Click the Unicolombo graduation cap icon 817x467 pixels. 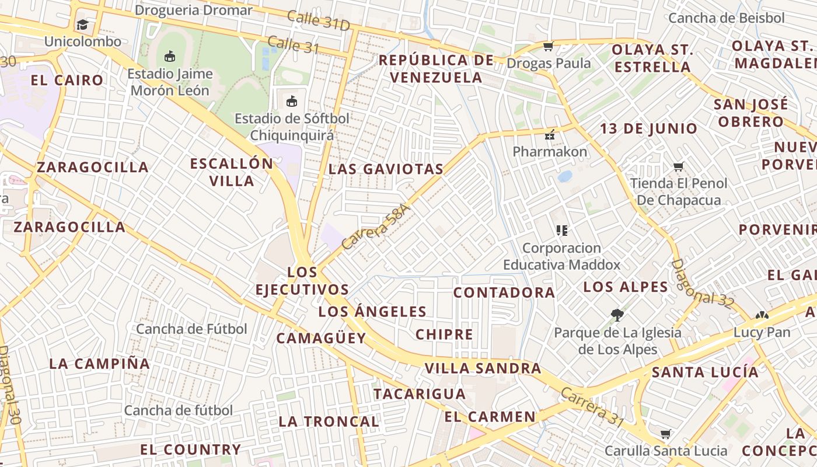coord(82,25)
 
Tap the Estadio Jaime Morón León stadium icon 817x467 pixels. coord(169,56)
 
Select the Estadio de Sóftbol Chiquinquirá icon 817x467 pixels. coord(292,101)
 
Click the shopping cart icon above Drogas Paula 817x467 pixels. coord(548,46)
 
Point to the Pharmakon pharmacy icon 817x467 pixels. coord(549,135)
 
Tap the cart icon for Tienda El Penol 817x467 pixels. coord(678,167)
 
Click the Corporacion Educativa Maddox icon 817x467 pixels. coord(561,231)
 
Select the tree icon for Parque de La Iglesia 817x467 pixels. coord(617,315)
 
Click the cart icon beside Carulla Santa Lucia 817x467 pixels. coord(665,434)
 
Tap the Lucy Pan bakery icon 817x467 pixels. coord(762,316)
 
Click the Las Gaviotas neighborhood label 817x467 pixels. coord(386,169)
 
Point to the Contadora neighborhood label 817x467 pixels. coord(504,292)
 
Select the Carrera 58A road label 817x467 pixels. coord(376,227)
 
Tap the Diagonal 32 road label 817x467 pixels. coord(702,284)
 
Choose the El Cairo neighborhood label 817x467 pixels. coord(67,81)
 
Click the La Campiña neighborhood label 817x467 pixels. coord(100,364)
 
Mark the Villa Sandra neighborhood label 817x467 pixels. coord(483,368)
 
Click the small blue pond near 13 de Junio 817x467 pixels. coord(564,176)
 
